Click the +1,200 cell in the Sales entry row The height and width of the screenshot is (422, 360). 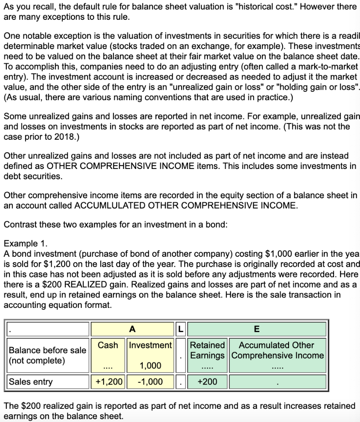coord(109,382)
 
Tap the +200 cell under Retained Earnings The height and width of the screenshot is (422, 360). coord(207,382)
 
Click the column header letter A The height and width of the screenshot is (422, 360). coord(132,329)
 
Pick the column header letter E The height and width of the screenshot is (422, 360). coord(257,329)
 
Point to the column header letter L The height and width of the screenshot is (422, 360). coord(180,329)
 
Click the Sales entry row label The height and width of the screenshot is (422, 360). coord(31,382)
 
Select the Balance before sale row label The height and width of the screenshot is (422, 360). coord(47,355)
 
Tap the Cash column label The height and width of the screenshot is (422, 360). coord(108,345)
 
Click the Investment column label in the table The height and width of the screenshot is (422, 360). coord(150,345)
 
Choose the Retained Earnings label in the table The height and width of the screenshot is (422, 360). coord(207,350)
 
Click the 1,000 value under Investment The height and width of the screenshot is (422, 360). coord(151,366)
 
